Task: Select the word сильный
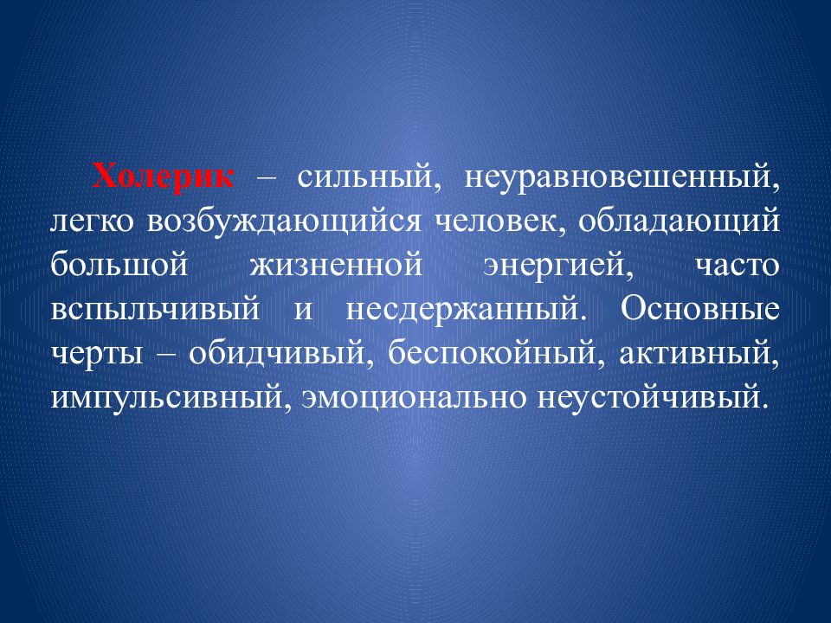(x=364, y=176)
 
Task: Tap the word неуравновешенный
(x=622, y=176)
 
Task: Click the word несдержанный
(x=461, y=309)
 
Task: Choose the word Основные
(x=699, y=309)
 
